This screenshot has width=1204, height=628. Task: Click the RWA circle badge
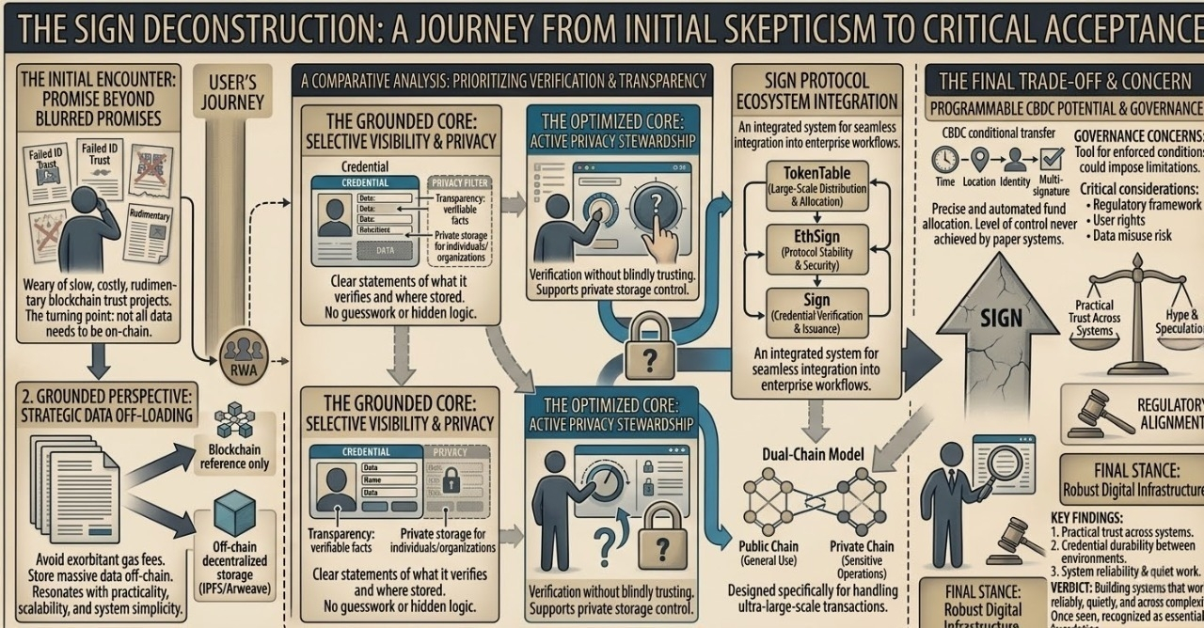coord(244,356)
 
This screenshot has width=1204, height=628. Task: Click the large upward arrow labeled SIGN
coord(1000,320)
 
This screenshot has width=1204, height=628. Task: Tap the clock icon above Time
coord(945,160)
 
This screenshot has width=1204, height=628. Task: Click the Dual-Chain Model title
coord(813,454)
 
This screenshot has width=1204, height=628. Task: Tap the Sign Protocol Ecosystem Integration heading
coord(816,90)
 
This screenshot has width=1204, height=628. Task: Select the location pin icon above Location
coord(979,159)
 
